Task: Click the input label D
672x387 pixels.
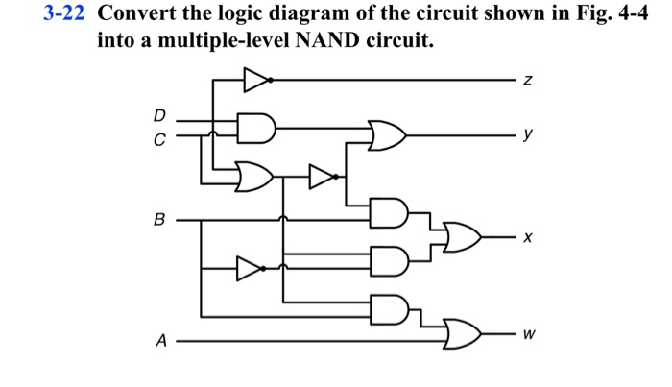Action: (x=160, y=116)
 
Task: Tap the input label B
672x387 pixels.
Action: (x=160, y=219)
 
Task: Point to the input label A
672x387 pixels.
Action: (x=160, y=340)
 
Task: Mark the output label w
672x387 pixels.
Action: (x=529, y=336)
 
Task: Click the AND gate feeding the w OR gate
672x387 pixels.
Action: (x=389, y=307)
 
